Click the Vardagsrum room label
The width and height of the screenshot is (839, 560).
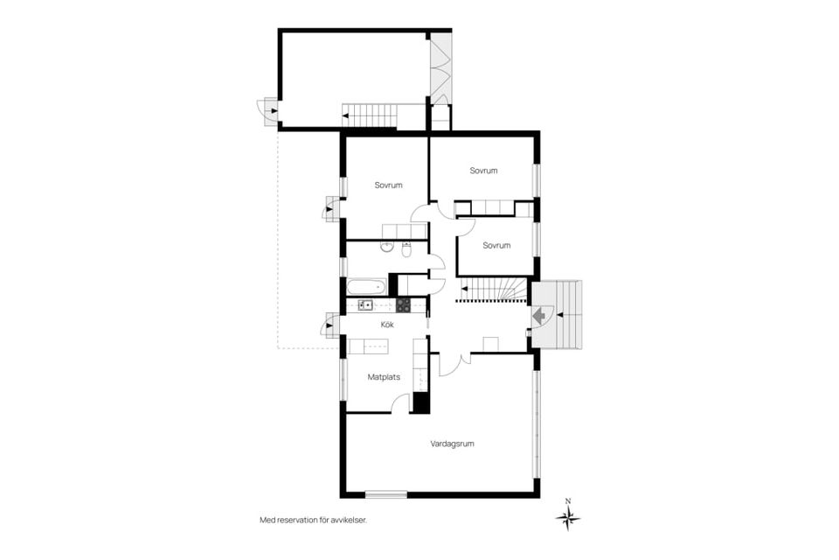tap(452, 444)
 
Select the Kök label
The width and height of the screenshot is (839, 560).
tap(387, 325)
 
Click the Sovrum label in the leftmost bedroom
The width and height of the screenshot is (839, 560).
tap(388, 185)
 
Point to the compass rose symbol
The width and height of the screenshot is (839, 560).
tap(568, 519)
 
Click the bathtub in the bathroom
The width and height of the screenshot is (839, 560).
tap(366, 286)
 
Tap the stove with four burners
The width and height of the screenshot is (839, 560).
tap(403, 305)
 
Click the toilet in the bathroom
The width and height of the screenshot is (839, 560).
tap(406, 250)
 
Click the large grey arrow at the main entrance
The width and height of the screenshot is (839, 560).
tap(540, 313)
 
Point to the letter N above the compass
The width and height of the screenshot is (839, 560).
tap(568, 501)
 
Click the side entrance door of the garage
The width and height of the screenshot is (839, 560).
tap(267, 111)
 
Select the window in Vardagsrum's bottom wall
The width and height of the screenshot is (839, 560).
tap(385, 494)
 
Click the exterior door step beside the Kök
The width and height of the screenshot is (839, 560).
tap(330, 326)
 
